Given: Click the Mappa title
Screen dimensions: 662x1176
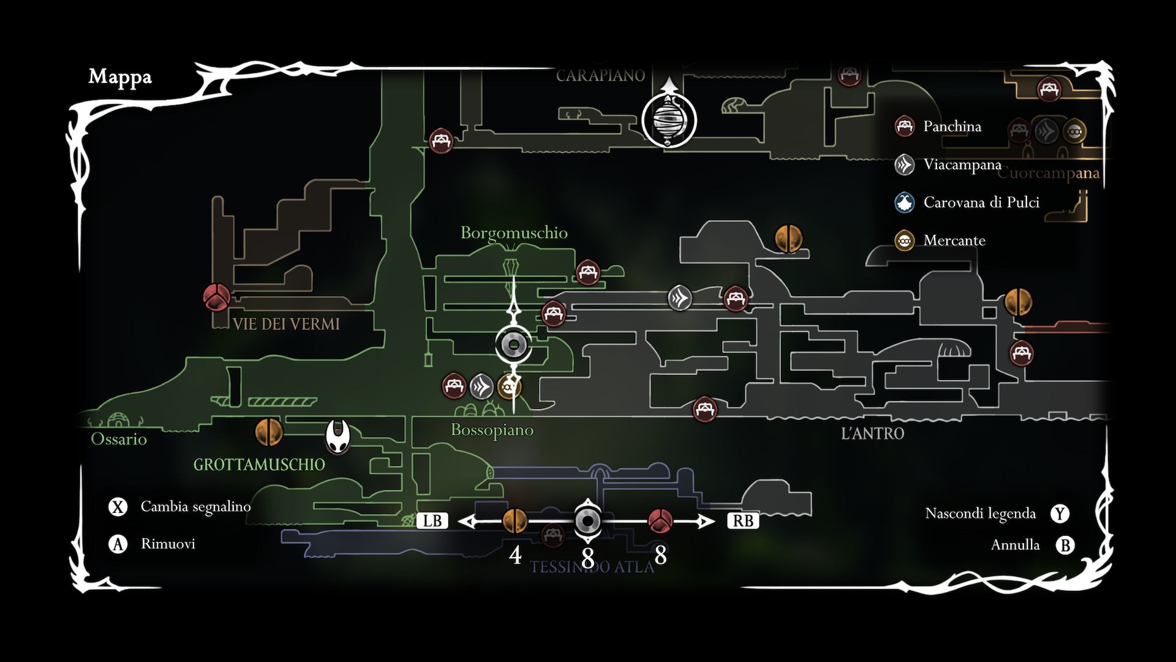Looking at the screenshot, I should click(120, 77).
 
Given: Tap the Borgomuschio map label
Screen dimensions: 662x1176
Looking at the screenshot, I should click(514, 233).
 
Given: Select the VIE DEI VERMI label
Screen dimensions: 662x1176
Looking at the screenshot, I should click(286, 324).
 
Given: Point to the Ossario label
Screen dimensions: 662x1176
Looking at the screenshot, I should click(119, 439).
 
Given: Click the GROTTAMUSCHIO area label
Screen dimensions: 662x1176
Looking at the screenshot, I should click(259, 465).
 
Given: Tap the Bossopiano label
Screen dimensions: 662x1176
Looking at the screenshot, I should click(492, 430).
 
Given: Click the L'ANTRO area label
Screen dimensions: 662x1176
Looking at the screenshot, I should click(872, 433).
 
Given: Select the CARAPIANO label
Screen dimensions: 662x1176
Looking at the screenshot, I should click(600, 75).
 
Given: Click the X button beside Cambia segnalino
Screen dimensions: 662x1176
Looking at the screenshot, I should click(118, 507).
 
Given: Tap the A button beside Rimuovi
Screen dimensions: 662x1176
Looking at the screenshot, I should click(118, 544).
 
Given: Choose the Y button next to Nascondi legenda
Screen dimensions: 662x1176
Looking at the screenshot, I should click(1060, 514).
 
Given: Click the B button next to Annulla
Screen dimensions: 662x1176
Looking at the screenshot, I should click(1065, 545).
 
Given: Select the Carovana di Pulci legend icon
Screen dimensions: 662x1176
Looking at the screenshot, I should click(905, 202).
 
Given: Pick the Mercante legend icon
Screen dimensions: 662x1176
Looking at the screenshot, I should click(905, 240).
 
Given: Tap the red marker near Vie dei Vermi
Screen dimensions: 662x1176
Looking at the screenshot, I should click(217, 297).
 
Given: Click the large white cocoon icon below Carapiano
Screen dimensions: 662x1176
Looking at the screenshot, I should click(669, 120).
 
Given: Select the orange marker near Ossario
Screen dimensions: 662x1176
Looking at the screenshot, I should click(269, 432).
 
